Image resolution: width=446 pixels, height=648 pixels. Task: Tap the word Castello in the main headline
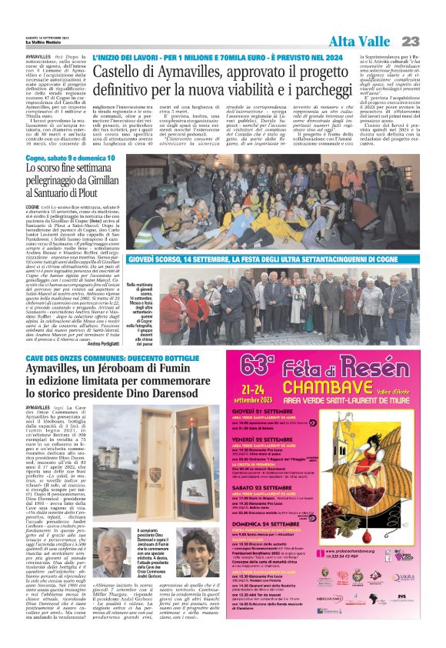[121, 74]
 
